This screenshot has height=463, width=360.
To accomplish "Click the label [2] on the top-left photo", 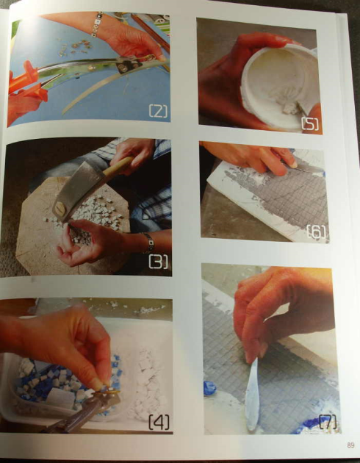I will click(x=158, y=112).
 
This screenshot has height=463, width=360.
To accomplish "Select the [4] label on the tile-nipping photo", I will click(x=159, y=422).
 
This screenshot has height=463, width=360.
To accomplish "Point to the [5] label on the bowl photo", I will click(x=309, y=123).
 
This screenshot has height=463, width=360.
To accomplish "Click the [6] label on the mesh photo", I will click(x=317, y=233).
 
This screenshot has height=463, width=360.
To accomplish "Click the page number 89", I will click(x=350, y=445).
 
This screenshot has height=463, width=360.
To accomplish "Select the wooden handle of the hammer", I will click(x=118, y=167).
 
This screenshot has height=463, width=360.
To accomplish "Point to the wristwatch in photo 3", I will click(x=149, y=242).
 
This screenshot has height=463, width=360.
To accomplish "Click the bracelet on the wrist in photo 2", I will click(x=96, y=23).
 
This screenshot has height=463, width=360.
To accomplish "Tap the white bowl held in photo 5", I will click(x=279, y=81).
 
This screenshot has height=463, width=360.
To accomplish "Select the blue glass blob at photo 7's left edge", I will click(x=209, y=387).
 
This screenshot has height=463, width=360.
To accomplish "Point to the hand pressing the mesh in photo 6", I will click(x=253, y=156).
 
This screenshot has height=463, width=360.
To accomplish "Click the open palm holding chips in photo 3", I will click(x=88, y=246).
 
